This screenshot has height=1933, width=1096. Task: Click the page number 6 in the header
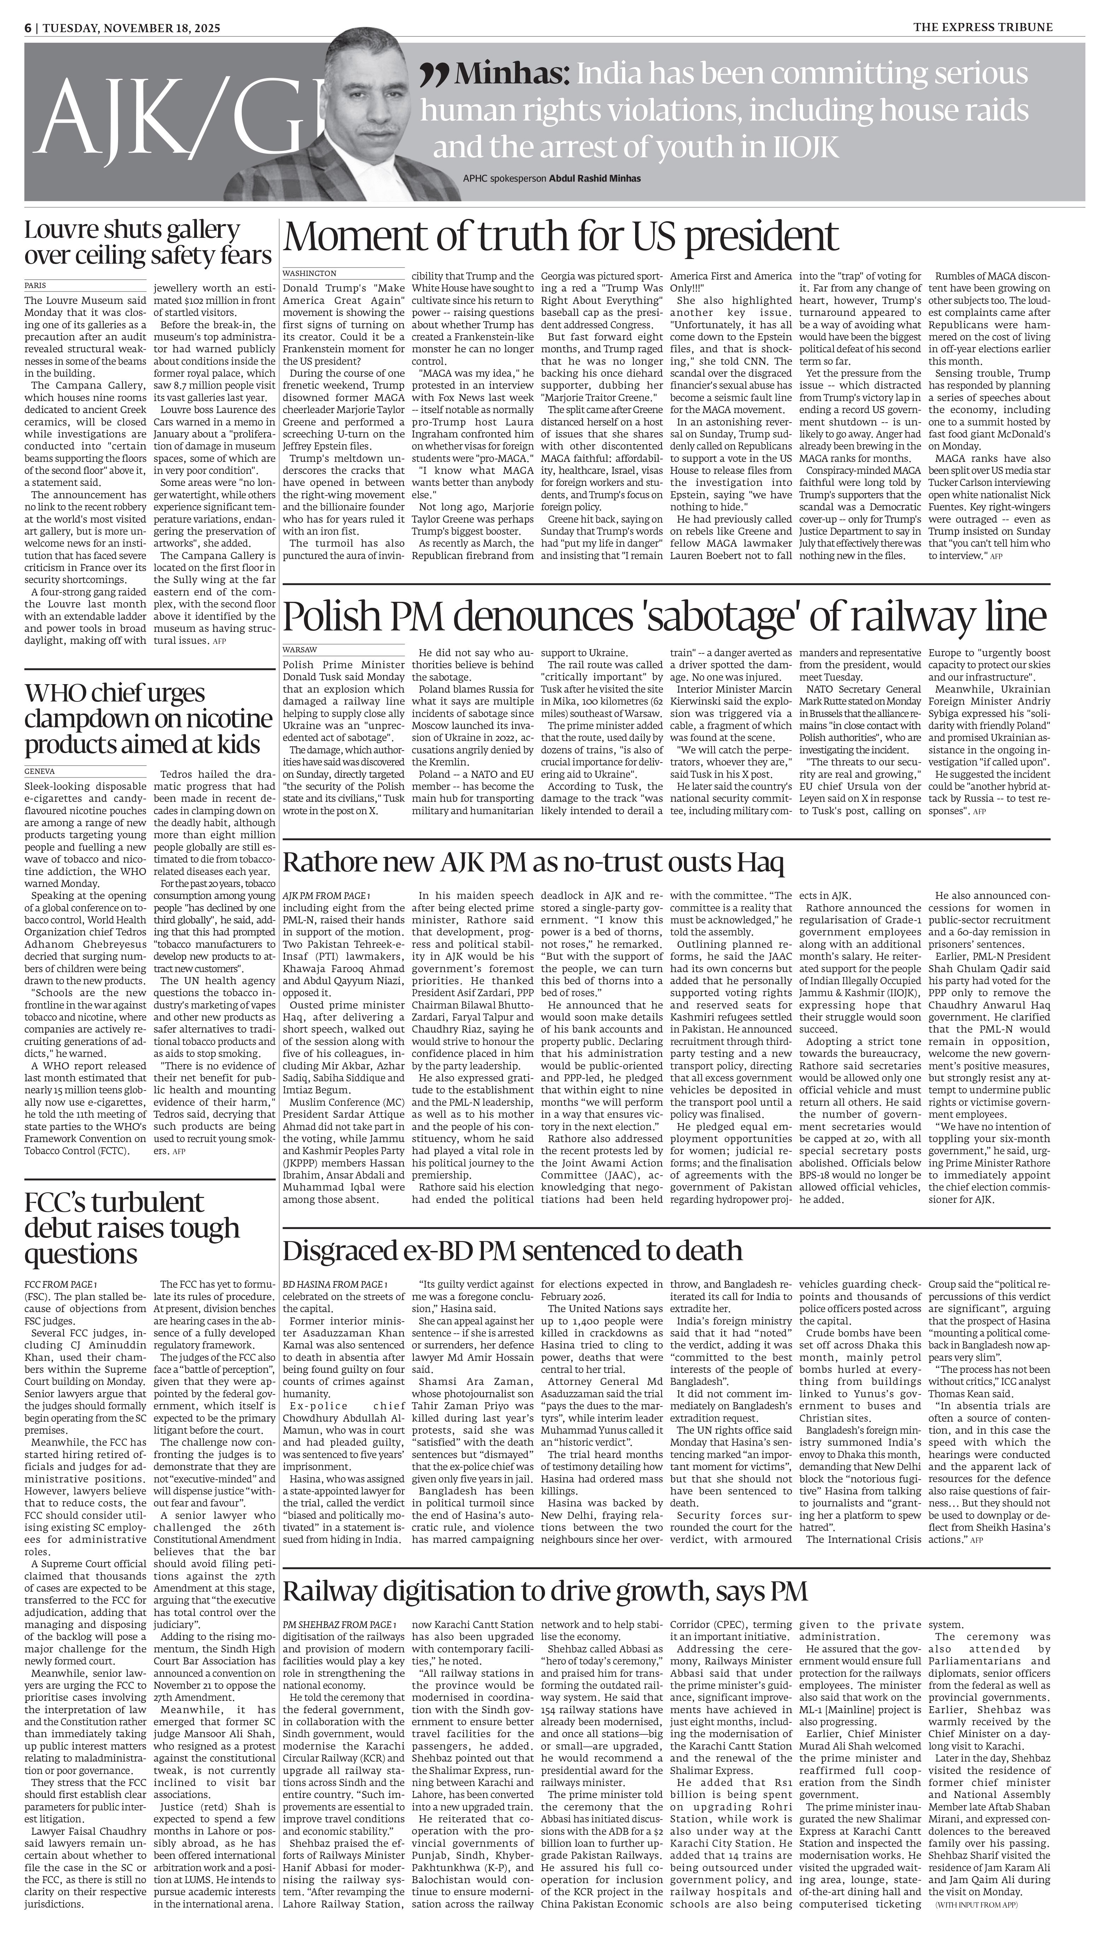pos(28,28)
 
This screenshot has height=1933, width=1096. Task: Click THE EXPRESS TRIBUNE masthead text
pos(983,28)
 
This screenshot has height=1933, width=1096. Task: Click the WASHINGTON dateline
pos(309,273)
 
